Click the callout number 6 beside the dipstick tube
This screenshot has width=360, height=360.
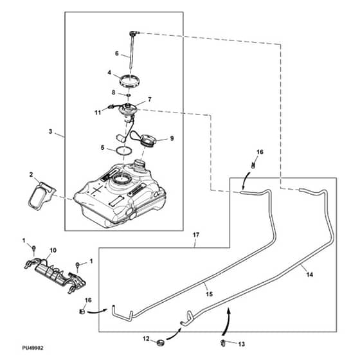point(116,53)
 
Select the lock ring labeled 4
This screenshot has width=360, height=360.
point(130,81)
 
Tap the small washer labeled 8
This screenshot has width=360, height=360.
point(129,94)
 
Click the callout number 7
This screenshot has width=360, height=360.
point(150,100)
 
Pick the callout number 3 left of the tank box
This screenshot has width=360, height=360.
point(50,132)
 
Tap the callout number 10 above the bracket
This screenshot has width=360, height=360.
point(53,250)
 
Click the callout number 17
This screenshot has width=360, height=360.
point(196,235)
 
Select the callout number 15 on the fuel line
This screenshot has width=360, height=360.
point(209,294)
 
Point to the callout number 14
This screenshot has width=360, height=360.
point(310,274)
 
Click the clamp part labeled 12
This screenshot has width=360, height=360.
point(161,343)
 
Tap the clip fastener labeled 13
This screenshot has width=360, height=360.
point(223,343)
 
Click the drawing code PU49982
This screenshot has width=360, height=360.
point(33,348)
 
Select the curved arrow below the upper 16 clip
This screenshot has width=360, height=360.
point(246,181)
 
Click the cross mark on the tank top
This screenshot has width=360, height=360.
point(96,190)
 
